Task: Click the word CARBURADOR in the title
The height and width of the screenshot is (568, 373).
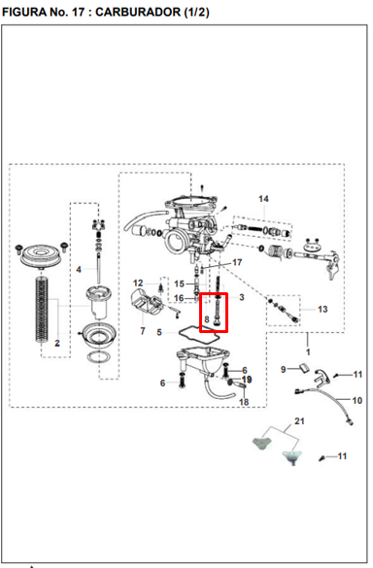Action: pos(138,12)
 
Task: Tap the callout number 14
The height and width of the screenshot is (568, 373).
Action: pos(263,199)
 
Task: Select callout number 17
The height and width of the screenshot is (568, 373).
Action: pos(237,262)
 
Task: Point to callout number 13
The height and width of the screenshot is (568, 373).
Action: pos(322,310)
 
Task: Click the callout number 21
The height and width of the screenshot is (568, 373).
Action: pos(299,421)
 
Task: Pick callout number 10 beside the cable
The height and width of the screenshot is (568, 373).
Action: pos(357,400)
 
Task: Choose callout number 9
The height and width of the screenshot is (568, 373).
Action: pos(283,369)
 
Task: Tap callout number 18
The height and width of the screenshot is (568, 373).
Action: pos(244,402)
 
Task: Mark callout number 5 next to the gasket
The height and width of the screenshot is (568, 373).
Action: pos(159,332)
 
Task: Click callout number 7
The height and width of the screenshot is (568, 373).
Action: pos(143,331)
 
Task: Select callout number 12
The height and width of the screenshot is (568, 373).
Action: pos(138,283)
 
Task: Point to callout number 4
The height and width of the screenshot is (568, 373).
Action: pos(79,270)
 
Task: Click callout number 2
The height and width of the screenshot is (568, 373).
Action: pos(57,343)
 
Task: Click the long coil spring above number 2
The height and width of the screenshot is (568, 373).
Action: pos(43,309)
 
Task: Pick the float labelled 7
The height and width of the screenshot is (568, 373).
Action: pos(148,301)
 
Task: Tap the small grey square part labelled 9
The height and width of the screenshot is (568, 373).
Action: pos(304,367)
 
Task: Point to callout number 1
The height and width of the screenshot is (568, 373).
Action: pos(308,351)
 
